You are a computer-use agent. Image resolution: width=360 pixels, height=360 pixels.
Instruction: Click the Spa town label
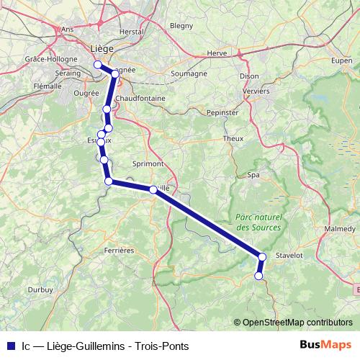point(253,175)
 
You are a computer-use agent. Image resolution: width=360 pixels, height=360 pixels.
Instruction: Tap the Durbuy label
point(40,289)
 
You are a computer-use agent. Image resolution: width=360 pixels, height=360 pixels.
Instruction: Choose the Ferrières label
point(120,251)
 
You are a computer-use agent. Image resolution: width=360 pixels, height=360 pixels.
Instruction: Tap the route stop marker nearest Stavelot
point(262,256)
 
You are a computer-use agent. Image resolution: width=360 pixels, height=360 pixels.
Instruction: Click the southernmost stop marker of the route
point(258,275)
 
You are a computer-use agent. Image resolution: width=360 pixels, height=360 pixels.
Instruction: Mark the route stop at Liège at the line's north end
point(98,65)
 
